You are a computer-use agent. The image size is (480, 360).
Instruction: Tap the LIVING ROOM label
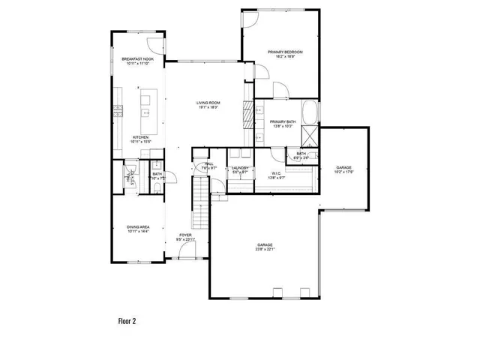208,103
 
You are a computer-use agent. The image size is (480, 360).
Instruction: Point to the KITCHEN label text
140,137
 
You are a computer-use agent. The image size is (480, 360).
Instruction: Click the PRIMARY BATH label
283,121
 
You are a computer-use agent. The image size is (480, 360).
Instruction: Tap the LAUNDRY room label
239,168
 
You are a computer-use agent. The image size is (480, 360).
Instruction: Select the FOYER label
184,235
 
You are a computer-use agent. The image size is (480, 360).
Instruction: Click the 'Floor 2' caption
127,320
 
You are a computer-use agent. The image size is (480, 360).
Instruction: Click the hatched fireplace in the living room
246,117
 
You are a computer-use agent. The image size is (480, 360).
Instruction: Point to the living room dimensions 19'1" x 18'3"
208,108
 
